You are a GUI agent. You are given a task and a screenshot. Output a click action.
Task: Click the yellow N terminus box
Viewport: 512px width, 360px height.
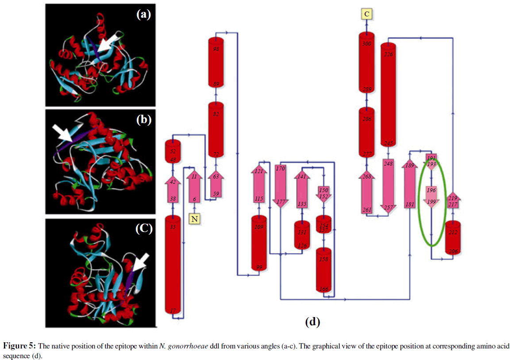(x=195, y=218)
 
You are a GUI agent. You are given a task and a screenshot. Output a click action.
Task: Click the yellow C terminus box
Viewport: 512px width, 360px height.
(x=366, y=15)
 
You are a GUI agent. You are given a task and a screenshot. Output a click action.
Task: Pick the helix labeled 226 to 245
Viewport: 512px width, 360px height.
(x=388, y=95)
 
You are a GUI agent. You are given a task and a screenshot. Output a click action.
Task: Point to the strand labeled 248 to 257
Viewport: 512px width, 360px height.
(x=388, y=186)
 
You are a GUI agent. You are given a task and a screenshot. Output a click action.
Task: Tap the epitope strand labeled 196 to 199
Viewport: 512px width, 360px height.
(x=431, y=195)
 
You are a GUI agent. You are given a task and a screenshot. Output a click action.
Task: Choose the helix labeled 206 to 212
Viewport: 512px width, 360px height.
(x=453, y=238)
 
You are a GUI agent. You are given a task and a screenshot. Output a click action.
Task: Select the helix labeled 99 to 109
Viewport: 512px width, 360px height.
(x=259, y=244)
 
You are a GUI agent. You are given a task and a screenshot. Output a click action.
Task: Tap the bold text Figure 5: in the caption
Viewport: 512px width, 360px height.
(x=20, y=346)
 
